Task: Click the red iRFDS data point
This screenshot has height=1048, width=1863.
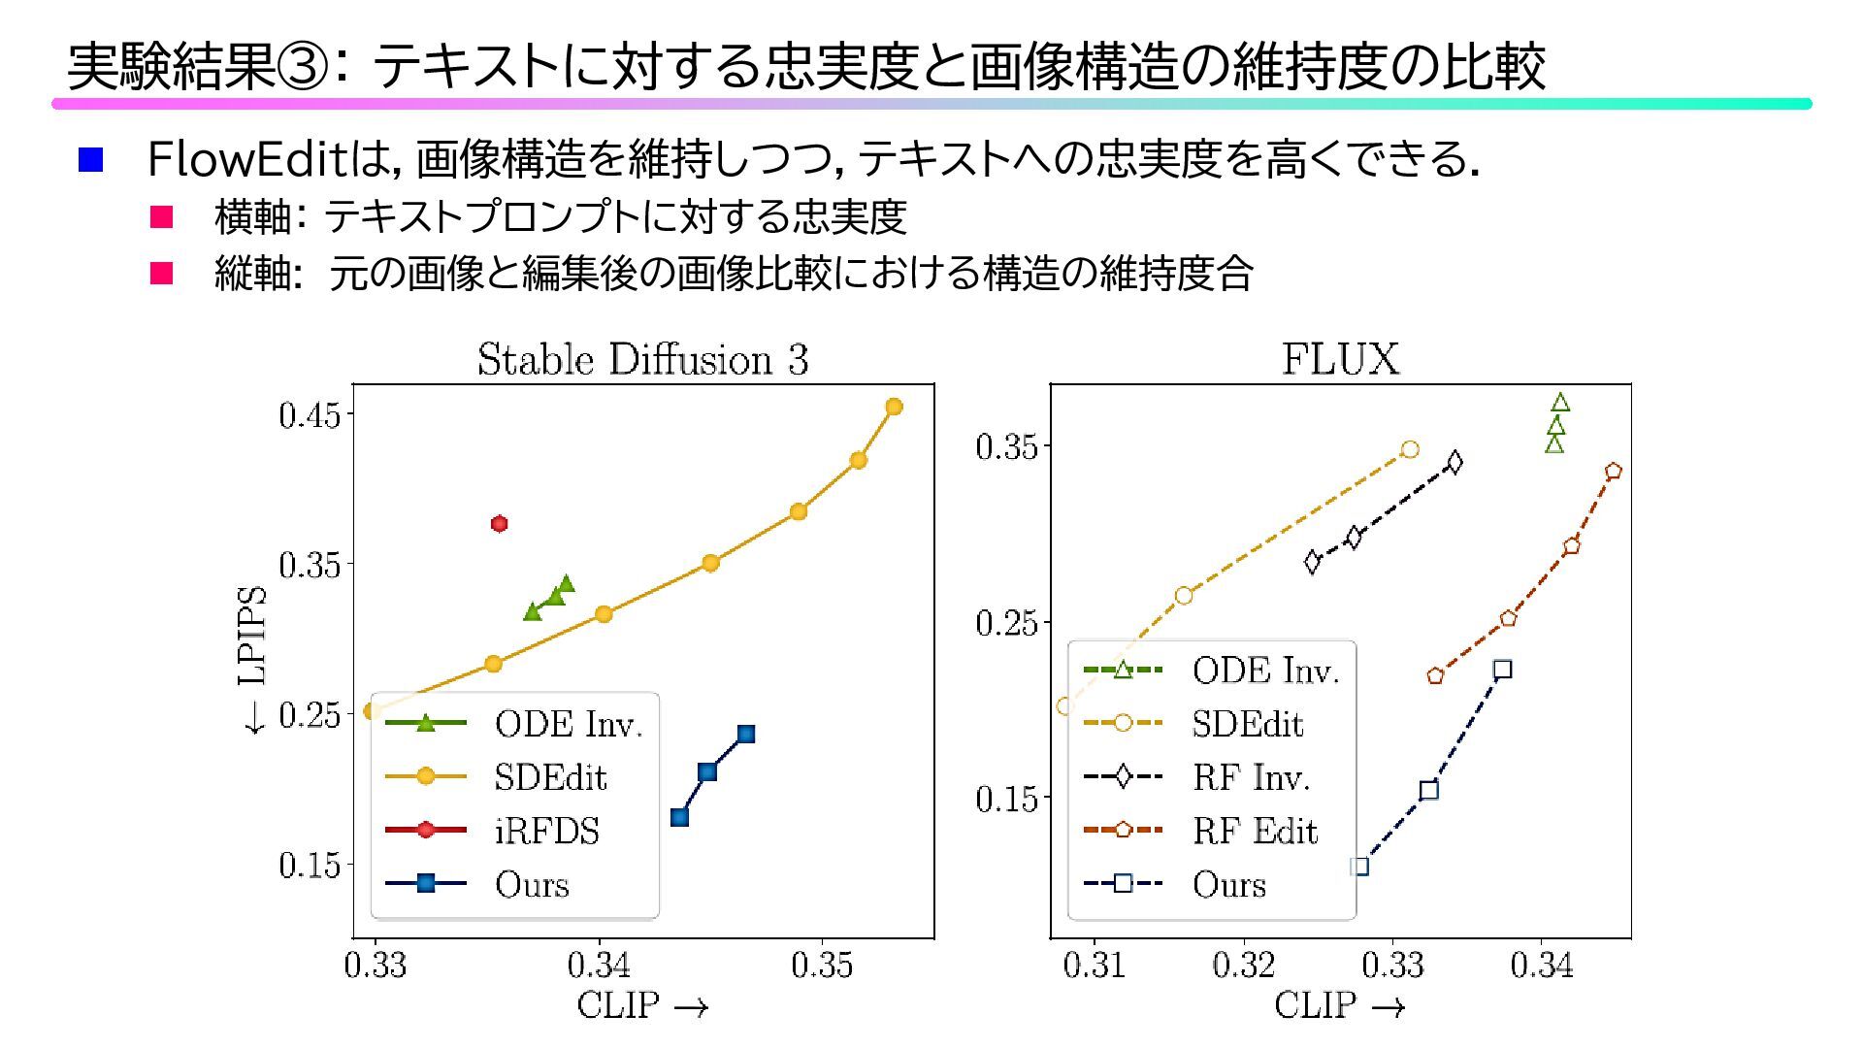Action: coord(500,524)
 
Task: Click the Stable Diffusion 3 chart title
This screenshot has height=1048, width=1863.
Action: coord(642,360)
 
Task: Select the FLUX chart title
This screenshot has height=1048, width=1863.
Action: coord(1340,360)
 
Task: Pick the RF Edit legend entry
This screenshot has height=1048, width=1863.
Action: coord(1255,831)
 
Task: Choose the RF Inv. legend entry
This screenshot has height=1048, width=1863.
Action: coord(1251,777)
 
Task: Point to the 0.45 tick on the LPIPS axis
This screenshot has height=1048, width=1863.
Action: coord(310,415)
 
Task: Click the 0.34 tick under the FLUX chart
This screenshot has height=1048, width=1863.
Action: coord(1542,966)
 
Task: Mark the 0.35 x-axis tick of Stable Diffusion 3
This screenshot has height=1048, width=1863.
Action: coord(822,966)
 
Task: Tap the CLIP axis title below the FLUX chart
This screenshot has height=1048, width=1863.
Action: coord(1340,1005)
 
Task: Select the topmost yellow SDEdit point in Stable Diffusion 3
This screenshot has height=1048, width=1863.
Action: coord(894,407)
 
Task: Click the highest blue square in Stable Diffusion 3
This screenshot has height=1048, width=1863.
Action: coord(745,735)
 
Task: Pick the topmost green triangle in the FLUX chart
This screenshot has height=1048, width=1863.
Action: coord(1560,403)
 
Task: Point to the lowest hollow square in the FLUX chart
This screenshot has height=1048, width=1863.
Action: coord(1360,867)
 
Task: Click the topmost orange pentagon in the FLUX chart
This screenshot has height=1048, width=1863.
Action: coord(1614,472)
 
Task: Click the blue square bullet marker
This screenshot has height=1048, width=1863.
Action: coord(90,160)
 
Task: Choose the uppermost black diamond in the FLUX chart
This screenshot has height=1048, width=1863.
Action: coord(1454,462)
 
